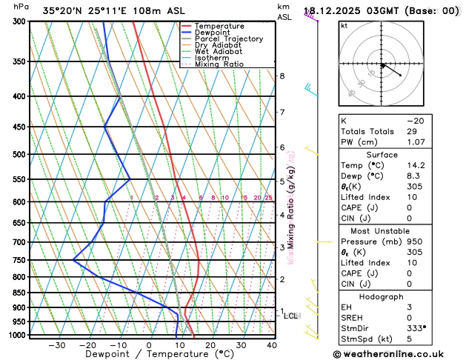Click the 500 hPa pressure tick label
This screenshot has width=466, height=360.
19,154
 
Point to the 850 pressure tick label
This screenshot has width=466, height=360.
19,293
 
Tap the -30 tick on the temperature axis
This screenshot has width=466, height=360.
56,344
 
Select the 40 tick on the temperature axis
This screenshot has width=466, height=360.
272,344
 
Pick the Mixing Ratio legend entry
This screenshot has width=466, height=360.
221,64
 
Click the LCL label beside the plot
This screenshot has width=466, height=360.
292,316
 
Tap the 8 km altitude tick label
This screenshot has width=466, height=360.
282,76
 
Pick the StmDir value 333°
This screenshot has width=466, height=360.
437,327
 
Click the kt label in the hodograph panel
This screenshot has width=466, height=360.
344,26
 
